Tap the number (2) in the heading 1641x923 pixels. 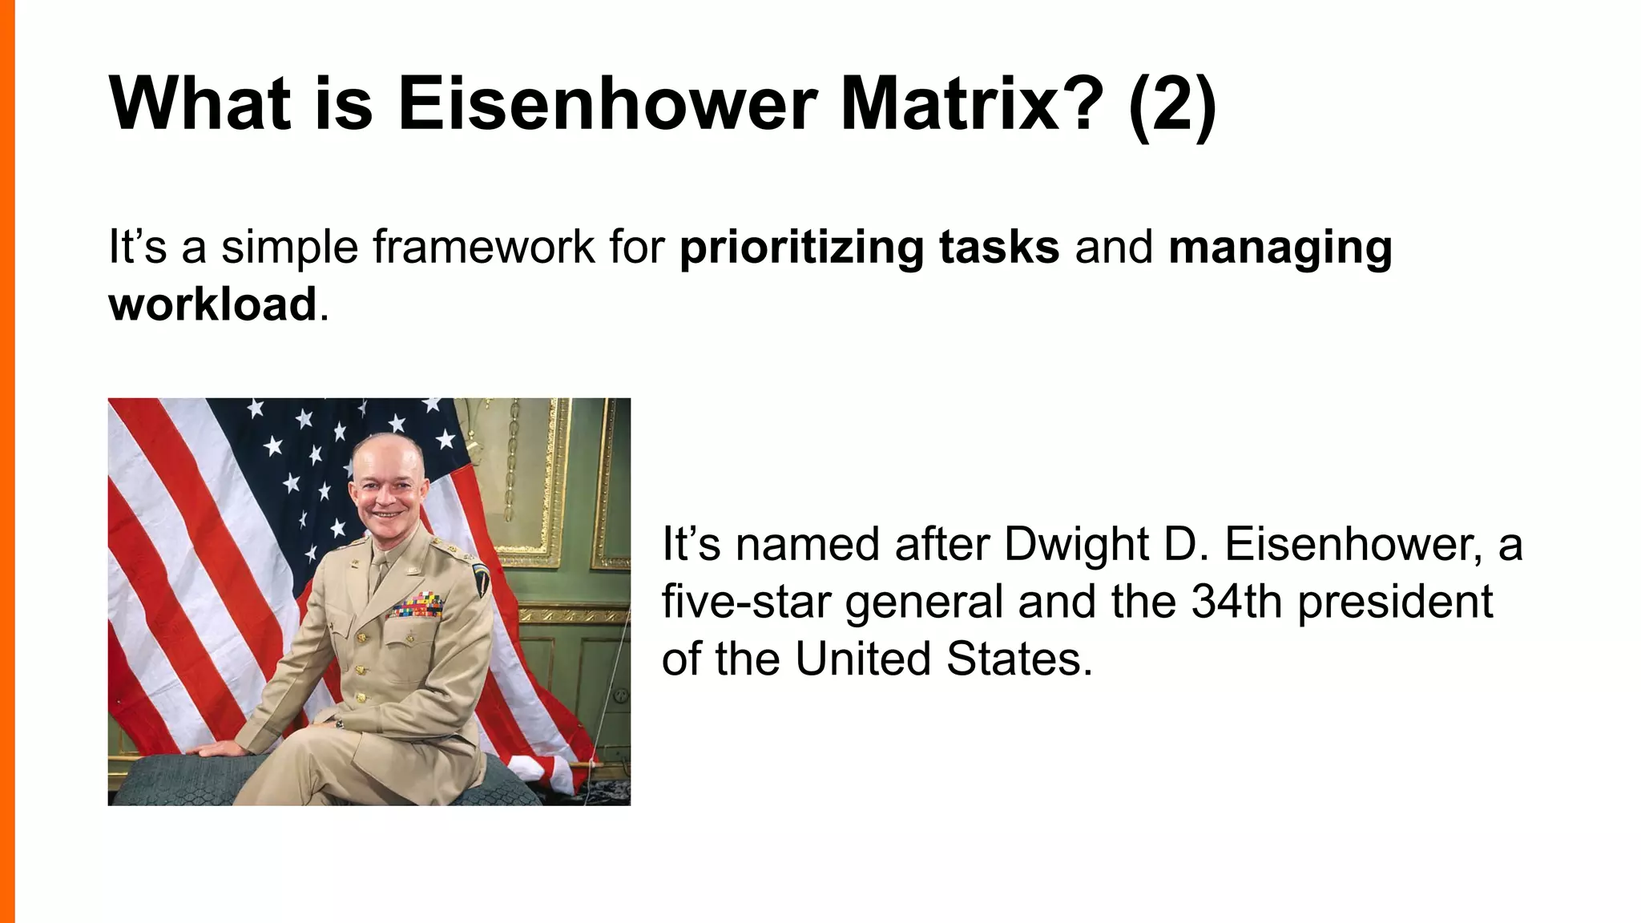1172,105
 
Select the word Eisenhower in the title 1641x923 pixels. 607,105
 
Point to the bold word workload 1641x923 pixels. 212,304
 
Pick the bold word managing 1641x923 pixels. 1280,248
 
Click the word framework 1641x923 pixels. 483,248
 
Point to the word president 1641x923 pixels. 1395,602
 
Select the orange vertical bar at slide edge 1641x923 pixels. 7,461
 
